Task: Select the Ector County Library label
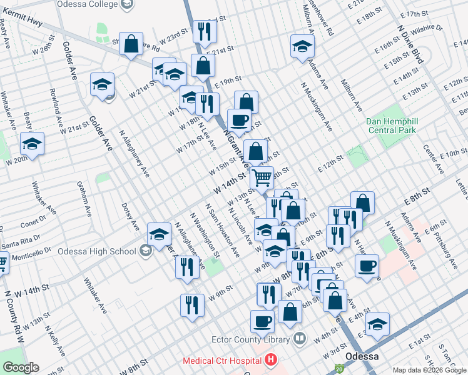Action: pyautogui.click(x=253, y=339)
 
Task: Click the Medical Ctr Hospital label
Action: pyautogui.click(x=221, y=361)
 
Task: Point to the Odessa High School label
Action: pyautogui.click(x=96, y=251)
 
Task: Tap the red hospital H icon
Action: pyautogui.click(x=270, y=360)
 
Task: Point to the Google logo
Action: pyautogui.click(x=21, y=367)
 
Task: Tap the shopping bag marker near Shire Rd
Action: pyautogui.click(x=131, y=44)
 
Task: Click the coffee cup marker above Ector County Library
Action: pyautogui.click(x=263, y=321)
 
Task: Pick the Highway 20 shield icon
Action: pyautogui.click(x=339, y=370)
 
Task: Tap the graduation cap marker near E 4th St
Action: pyautogui.click(x=377, y=324)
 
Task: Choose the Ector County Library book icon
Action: pyautogui.click(x=299, y=339)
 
